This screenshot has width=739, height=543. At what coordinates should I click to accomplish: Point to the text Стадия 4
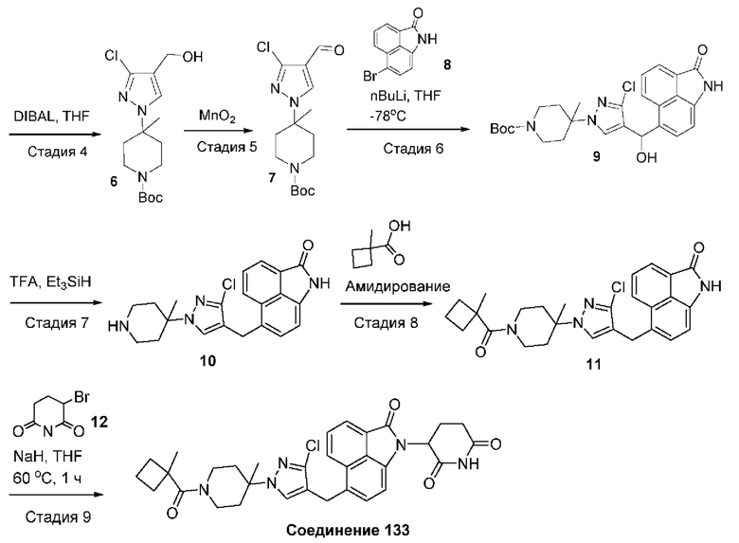pyautogui.click(x=43, y=149)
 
